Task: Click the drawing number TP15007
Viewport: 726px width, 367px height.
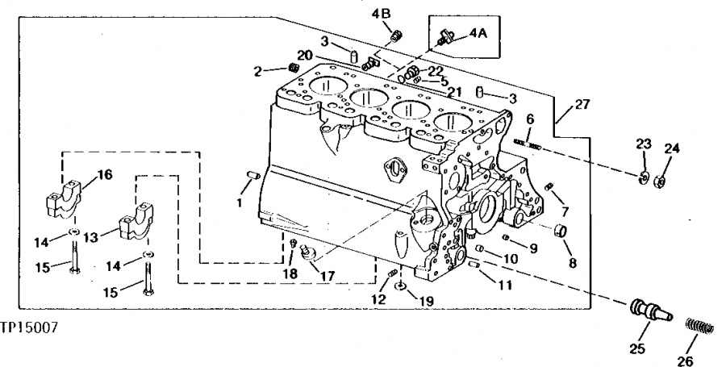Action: point(29,328)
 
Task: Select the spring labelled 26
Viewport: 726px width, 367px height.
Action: point(699,327)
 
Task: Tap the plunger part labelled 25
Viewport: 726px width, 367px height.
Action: point(651,310)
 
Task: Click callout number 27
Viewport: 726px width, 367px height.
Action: point(582,105)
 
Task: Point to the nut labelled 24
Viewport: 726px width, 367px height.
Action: point(660,181)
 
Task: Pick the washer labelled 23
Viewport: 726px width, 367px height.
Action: point(643,177)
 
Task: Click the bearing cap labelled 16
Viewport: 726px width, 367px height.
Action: point(65,199)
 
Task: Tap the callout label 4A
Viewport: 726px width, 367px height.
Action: point(478,33)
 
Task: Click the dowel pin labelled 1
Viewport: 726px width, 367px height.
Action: point(253,175)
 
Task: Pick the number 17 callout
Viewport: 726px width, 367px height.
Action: point(327,277)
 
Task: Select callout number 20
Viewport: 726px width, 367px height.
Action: point(305,56)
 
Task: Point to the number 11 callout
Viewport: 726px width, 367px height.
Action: point(505,285)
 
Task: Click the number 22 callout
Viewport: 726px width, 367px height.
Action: point(436,70)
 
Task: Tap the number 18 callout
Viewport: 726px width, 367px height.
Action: point(290,274)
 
